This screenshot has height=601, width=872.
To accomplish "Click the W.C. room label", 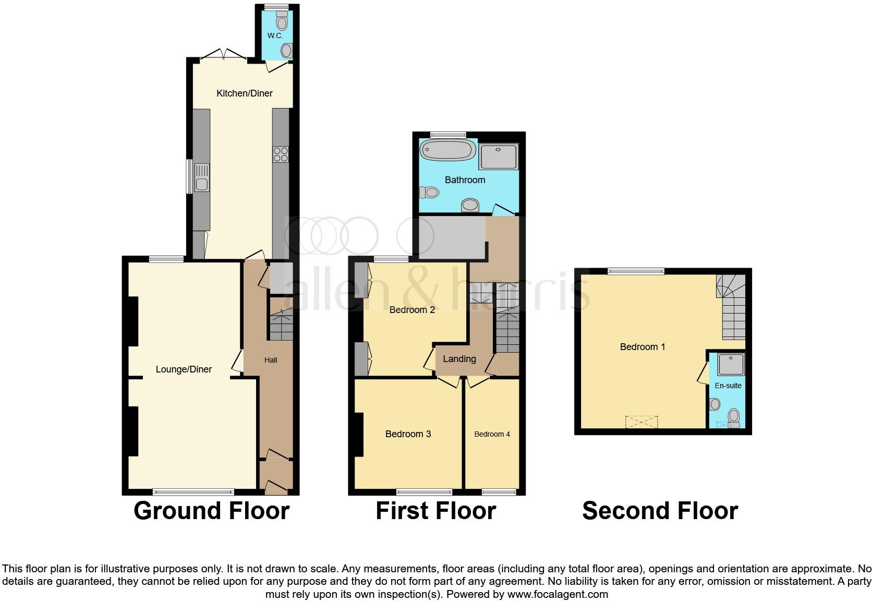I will click(275, 35).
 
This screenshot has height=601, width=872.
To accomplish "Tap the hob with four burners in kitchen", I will click(281, 154).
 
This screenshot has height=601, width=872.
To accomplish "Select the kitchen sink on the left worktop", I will click(201, 177).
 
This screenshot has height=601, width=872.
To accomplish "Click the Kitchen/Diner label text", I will click(245, 93).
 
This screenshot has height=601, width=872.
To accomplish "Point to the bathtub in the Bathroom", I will click(448, 150).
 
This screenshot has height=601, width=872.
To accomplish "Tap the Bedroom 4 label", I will click(492, 434).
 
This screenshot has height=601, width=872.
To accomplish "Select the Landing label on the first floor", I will click(459, 359).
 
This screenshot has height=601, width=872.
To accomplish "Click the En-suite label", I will click(728, 386).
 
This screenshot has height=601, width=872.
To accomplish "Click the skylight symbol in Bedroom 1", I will click(641, 422).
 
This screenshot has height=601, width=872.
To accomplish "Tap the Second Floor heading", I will click(660, 511).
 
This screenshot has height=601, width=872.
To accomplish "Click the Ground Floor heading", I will click(211, 511).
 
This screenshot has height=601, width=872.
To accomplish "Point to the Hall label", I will click(271, 360).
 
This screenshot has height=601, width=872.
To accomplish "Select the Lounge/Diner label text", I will click(184, 369).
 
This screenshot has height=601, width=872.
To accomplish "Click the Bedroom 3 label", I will click(408, 434).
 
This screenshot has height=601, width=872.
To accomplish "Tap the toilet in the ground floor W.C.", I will click(282, 22).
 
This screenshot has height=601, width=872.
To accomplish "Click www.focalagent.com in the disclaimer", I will click(557, 594).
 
